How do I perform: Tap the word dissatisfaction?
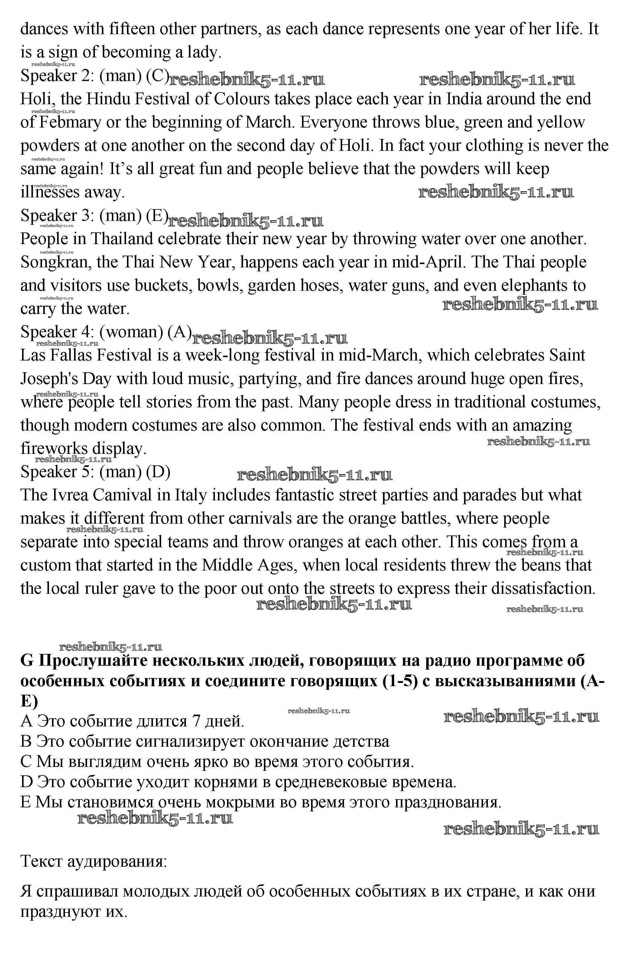(x=543, y=589)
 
